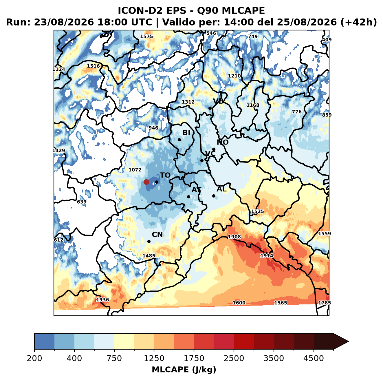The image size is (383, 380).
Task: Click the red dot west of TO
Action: click(146, 182)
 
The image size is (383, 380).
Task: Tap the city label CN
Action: click(157, 234)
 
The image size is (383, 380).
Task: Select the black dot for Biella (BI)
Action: click(179, 140)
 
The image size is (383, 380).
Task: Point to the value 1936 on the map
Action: click(102, 299)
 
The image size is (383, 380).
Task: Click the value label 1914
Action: click(267, 255)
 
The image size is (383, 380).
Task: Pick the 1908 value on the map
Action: click(234, 237)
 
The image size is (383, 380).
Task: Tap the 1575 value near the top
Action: click(146, 36)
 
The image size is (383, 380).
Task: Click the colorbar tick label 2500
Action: click(234, 358)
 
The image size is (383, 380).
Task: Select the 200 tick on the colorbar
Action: click(34, 358)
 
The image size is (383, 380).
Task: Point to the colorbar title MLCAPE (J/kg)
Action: click(184, 370)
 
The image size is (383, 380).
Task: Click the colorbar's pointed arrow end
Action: click(349, 342)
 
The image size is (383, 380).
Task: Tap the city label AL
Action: click(221, 189)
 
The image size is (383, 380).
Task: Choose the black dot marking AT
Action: click(188, 197)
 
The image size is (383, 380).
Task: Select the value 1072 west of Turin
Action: click(135, 170)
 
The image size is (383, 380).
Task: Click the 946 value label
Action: click(153, 128)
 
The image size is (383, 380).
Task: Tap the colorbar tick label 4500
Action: click(314, 358)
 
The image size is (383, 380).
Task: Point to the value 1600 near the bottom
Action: click(239, 303)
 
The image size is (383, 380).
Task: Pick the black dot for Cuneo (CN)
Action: click(149, 241)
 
